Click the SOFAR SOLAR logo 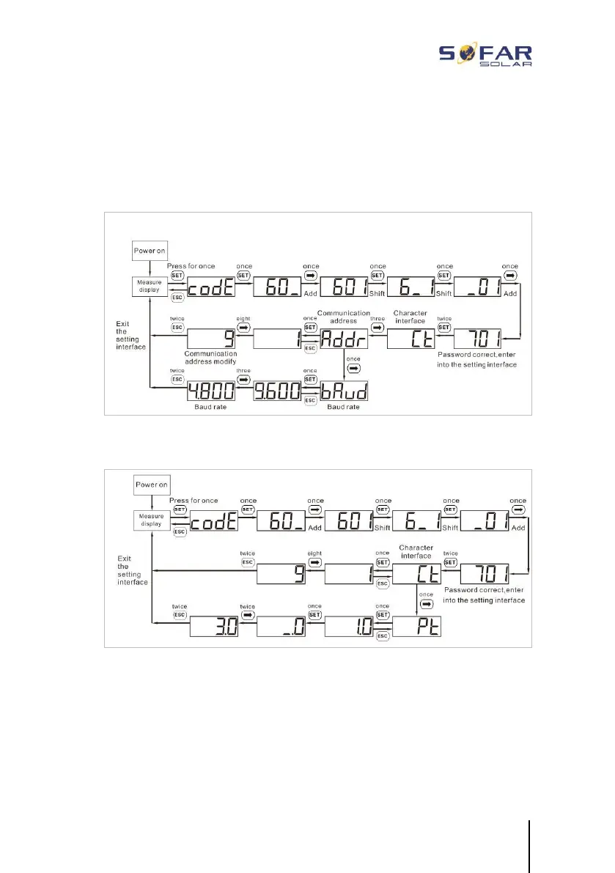tap(485, 54)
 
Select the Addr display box tap(344, 339)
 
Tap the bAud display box tap(344, 391)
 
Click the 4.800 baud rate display tap(211, 391)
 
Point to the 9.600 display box tap(278, 391)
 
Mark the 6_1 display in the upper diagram tap(411, 287)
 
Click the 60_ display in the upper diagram tap(278, 287)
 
